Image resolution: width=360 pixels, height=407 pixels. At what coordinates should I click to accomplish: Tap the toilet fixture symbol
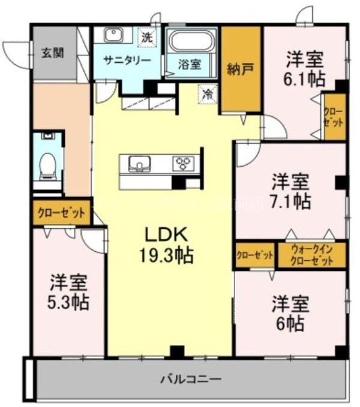coord(46,164)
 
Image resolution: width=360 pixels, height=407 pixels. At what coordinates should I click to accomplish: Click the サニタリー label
coord(122,60)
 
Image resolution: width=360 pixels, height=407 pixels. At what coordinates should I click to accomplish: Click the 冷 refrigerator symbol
coord(208,94)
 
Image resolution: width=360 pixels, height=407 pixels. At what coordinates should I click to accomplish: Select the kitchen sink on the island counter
coord(139,162)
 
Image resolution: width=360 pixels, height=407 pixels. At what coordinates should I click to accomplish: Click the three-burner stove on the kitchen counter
coord(184,163)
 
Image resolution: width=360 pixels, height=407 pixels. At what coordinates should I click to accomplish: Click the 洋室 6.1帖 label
coord(304,69)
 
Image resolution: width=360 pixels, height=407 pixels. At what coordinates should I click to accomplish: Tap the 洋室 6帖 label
coord(290,312)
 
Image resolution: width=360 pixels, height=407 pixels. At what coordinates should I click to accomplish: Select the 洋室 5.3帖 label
coord(69,292)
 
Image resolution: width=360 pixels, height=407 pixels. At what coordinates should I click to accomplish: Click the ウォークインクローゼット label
coord(312,255)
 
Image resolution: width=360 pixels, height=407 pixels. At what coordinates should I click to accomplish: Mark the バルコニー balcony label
coord(190,379)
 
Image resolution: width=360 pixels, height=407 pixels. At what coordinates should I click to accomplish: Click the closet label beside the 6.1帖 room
coord(334,116)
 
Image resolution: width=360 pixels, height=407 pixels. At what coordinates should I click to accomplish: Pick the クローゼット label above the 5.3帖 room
coord(62,212)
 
